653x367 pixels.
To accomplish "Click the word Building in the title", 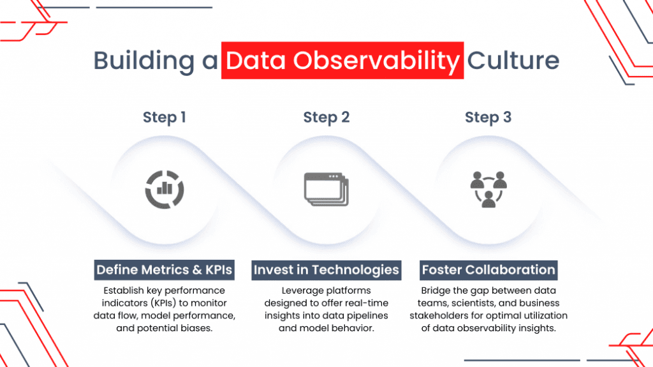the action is click(x=143, y=61).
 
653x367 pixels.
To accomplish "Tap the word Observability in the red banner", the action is click(x=376, y=61).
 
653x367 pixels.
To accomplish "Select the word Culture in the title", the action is click(x=513, y=61).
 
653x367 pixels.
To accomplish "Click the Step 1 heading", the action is click(x=164, y=117).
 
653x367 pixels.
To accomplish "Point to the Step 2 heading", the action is click(x=326, y=117).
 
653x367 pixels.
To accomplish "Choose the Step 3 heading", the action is click(x=488, y=117).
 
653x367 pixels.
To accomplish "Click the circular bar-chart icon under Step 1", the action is click(x=165, y=190).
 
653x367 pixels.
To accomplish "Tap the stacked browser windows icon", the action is click(x=326, y=190).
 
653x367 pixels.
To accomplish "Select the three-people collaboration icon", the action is click(x=488, y=190).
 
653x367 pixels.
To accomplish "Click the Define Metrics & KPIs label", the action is click(x=164, y=270).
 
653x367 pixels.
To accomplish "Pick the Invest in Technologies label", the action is click(x=326, y=270).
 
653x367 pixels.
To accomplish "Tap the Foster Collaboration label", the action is click(x=488, y=270).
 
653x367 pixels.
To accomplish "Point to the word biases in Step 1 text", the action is click(x=196, y=328).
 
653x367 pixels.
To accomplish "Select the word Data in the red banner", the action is click(x=256, y=61).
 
